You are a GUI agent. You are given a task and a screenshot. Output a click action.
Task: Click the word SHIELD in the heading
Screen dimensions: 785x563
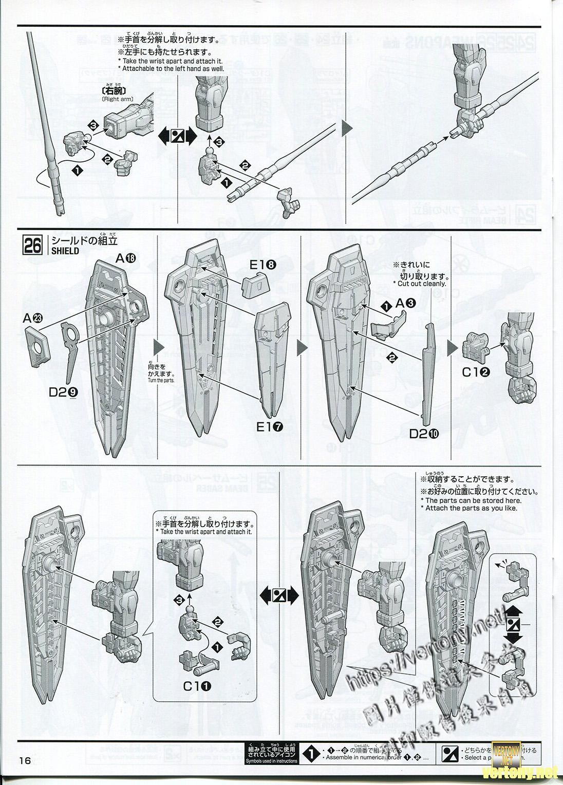[65, 251]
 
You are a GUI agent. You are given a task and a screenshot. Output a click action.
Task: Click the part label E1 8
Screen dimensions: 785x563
[263, 265]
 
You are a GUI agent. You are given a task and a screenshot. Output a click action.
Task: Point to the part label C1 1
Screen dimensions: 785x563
[198, 685]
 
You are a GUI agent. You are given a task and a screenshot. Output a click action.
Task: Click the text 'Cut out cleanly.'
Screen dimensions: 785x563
[420, 284]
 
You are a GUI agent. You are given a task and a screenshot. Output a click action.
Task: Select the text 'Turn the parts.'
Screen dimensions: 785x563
[160, 381]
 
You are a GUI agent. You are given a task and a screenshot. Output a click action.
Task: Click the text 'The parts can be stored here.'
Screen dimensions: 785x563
[473, 500]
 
